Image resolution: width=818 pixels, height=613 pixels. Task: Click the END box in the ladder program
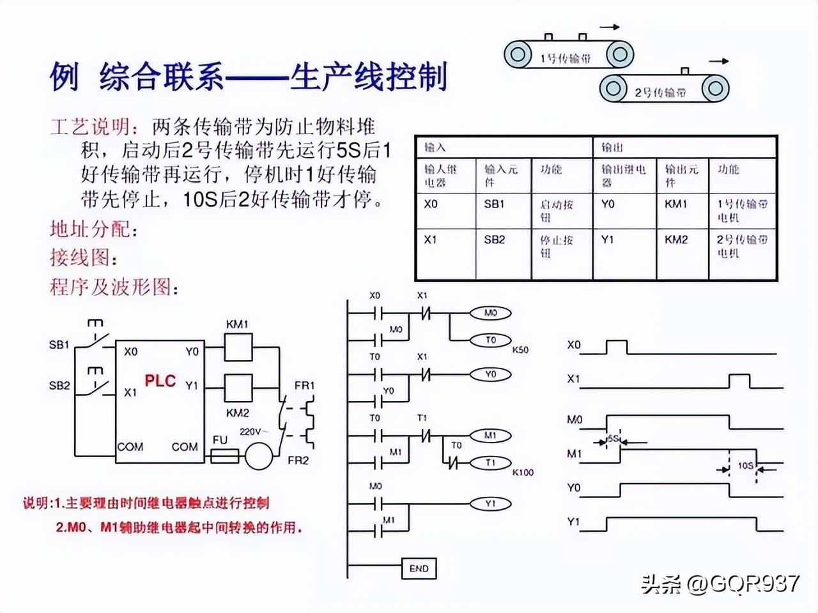(419, 568)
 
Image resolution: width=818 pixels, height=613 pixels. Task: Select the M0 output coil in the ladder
(490, 313)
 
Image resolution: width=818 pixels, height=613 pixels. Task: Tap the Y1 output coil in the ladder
(490, 503)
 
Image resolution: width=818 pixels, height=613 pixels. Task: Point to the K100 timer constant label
(522, 473)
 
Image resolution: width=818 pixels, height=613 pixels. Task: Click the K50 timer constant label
(520, 351)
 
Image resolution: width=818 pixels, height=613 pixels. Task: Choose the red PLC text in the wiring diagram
(160, 381)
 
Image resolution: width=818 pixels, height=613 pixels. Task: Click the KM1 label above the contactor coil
(238, 324)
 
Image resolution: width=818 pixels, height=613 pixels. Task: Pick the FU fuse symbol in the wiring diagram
(224, 456)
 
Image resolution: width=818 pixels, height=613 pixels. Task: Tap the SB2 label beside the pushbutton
(59, 386)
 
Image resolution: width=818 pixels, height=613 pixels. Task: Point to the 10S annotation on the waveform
(745, 465)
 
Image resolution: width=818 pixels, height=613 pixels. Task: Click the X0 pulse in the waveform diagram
(616, 347)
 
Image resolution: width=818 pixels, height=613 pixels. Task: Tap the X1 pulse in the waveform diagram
(740, 381)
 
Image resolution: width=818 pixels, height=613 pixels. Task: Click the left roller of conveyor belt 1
(518, 54)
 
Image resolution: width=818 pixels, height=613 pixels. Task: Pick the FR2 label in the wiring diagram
(298, 460)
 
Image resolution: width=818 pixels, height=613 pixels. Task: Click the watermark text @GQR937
(744, 583)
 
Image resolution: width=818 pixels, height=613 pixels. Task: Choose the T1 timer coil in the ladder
(490, 462)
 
